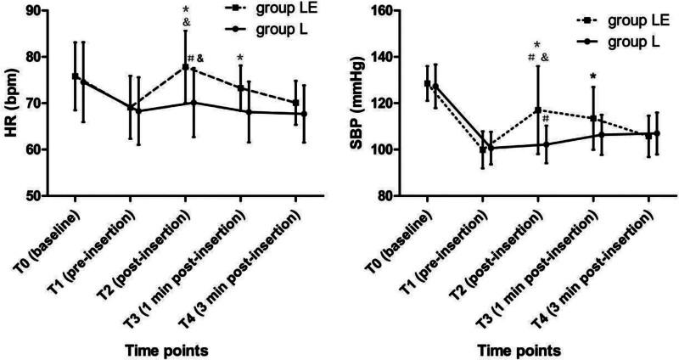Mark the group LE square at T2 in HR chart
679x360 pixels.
(x=185, y=66)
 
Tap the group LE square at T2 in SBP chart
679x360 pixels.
(x=537, y=110)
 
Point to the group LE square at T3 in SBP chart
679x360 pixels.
(x=592, y=118)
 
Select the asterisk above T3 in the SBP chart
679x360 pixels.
(x=592, y=76)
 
